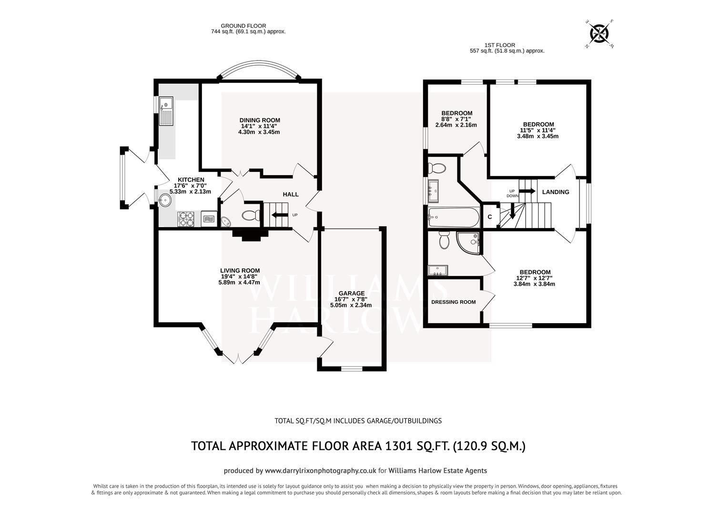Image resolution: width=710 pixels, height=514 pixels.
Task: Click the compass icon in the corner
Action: click(599, 33)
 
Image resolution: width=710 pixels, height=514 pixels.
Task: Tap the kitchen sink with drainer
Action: click(166, 110)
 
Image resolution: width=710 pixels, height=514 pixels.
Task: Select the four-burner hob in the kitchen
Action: click(186, 219)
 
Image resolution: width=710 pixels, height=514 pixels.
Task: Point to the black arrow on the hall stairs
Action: click(277, 215)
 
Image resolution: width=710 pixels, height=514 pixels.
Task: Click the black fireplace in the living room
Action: click(249, 234)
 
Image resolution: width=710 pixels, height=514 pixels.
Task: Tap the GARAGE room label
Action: click(352, 293)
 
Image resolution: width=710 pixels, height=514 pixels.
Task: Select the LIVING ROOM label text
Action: click(240, 270)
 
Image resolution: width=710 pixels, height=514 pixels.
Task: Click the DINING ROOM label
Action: click(259, 120)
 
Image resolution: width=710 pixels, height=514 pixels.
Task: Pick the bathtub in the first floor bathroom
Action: click(453, 217)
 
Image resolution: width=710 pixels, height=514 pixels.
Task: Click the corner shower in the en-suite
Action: click(469, 243)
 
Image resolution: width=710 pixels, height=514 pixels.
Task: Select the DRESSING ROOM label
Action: click(453, 302)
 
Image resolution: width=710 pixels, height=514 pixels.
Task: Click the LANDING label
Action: click(556, 192)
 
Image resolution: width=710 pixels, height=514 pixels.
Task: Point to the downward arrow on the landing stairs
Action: click(512, 211)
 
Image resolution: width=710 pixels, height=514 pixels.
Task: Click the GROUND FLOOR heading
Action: click(243, 26)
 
